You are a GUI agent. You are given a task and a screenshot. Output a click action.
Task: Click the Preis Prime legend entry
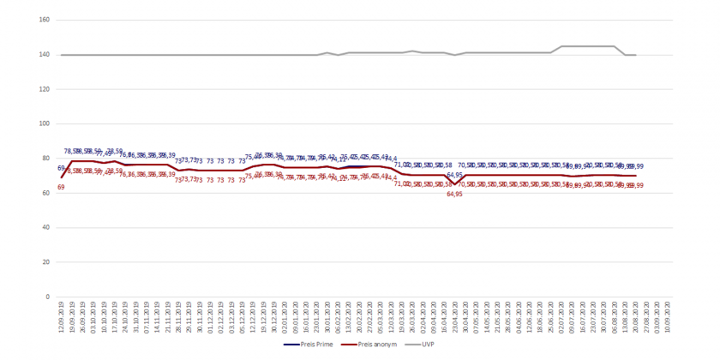(x=314, y=345)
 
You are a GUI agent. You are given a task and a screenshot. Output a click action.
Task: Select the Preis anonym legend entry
(x=372, y=345)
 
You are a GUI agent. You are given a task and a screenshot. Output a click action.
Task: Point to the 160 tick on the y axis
(x=45, y=20)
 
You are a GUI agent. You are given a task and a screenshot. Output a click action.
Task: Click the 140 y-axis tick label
(x=45, y=55)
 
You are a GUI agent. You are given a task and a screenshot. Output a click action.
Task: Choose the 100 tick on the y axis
(x=45, y=124)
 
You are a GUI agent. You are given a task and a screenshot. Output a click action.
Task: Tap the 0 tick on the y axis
(x=49, y=297)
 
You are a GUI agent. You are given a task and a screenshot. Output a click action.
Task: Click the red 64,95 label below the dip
(x=454, y=195)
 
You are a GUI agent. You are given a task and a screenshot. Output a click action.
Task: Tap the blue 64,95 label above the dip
(x=454, y=175)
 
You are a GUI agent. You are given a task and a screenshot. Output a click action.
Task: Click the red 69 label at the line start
(x=61, y=187)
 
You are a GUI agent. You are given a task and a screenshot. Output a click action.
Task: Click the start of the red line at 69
(x=61, y=177)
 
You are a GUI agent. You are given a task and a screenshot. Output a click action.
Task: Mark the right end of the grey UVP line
(x=635, y=55)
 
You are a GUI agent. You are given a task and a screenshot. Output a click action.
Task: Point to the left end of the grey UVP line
(x=61, y=55)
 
